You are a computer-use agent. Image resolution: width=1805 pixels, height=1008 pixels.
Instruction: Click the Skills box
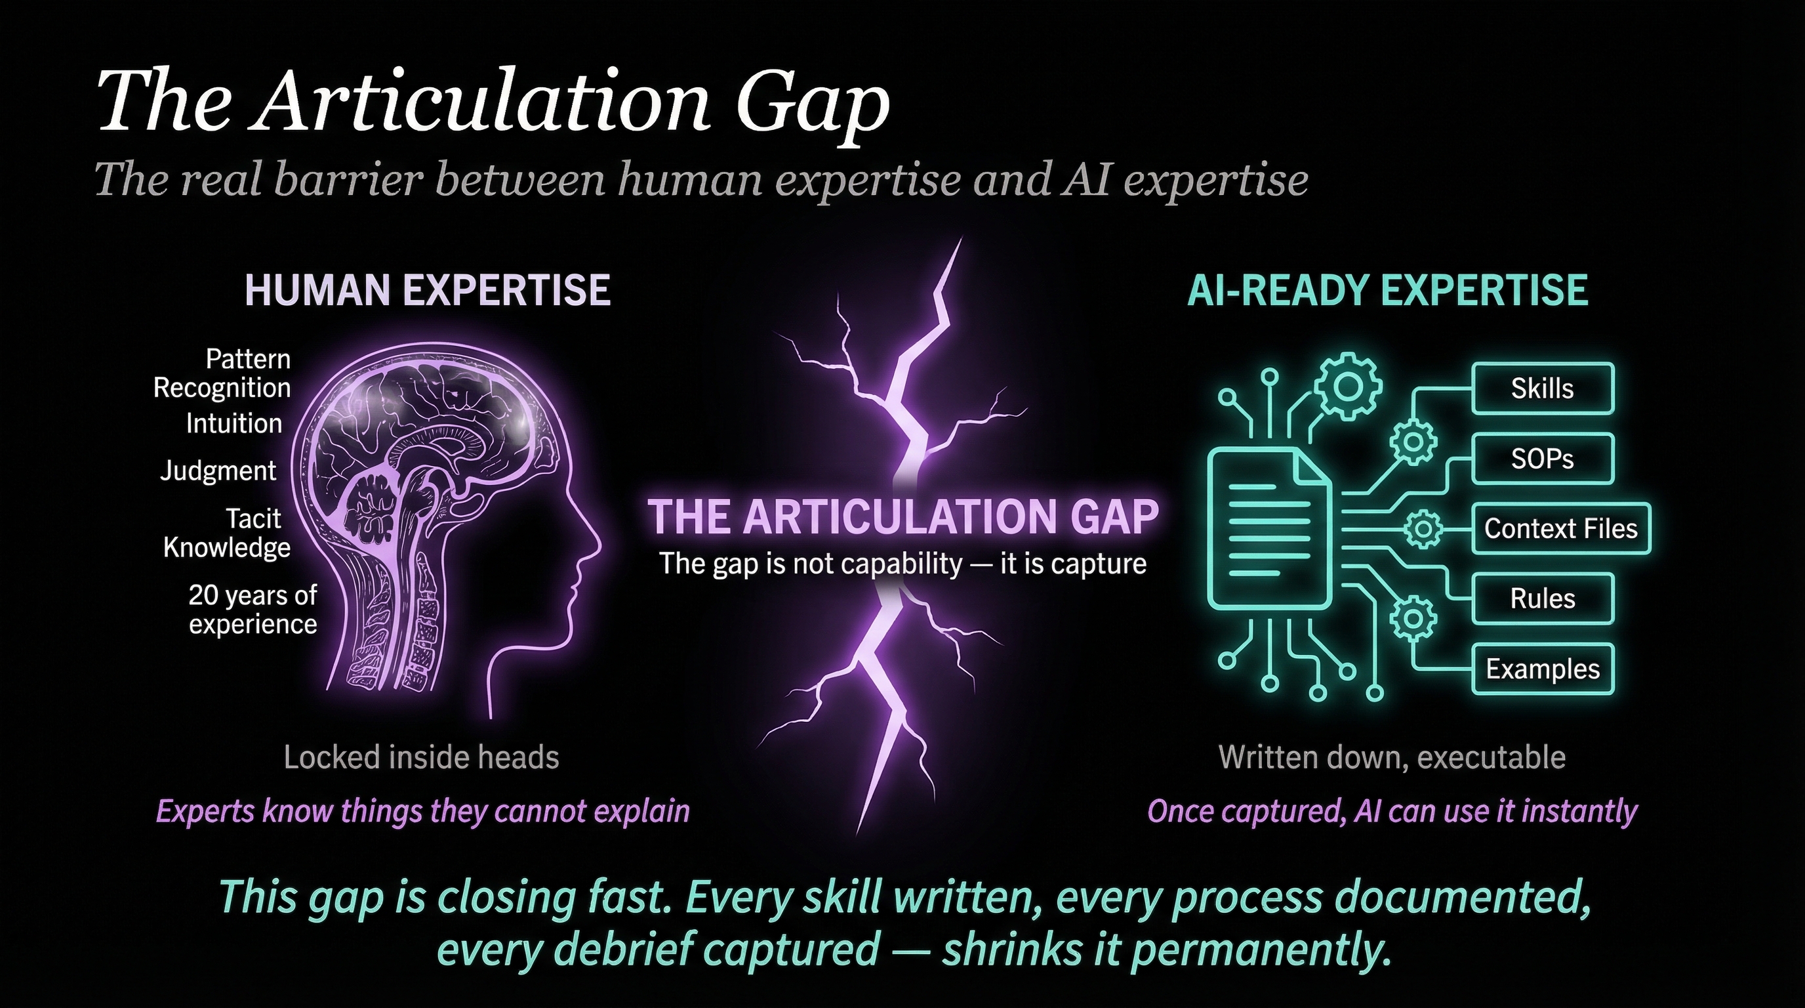(x=1543, y=388)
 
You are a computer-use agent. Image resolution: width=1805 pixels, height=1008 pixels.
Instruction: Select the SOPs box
(x=1543, y=459)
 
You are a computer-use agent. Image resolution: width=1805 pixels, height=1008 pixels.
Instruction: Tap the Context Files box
(x=1560, y=528)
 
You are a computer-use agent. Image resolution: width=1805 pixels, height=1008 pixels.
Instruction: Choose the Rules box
(x=1543, y=598)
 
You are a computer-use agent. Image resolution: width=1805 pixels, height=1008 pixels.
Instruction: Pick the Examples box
(x=1543, y=669)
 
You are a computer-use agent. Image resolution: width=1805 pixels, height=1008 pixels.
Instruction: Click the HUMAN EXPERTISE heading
(x=428, y=290)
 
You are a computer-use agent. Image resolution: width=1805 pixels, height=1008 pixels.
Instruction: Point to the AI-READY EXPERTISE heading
(x=1388, y=290)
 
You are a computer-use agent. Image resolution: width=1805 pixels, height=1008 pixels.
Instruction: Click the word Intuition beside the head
(x=234, y=423)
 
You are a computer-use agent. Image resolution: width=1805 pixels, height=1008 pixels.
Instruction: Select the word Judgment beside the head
(x=218, y=471)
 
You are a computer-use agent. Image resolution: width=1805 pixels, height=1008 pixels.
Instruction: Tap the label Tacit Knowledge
(x=227, y=533)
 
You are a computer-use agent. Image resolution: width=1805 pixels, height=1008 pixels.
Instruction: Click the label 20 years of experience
(x=253, y=609)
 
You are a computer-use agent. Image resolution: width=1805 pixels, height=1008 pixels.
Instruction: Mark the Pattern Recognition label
(x=222, y=373)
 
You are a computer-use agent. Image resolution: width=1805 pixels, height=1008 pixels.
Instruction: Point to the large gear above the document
(x=1346, y=385)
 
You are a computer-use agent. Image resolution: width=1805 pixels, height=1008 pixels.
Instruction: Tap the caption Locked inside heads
(x=422, y=757)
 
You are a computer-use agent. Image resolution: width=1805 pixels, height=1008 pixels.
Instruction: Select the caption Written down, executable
(x=1392, y=758)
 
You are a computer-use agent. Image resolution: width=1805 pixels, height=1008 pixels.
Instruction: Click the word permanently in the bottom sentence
(x=1261, y=950)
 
